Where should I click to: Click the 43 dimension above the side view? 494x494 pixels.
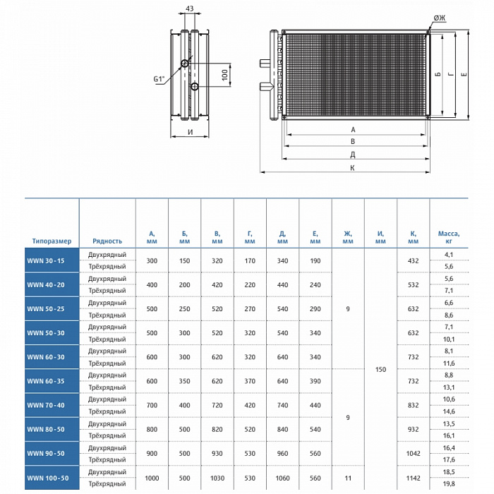[x=188, y=9]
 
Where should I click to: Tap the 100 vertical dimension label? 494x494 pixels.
[x=225, y=75]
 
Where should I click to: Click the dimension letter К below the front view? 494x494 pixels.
[x=351, y=167]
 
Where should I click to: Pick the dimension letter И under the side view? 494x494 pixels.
[x=190, y=133]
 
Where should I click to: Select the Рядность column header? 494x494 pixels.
[x=107, y=241]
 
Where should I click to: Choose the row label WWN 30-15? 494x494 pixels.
[x=46, y=261]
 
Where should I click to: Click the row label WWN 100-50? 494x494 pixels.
[x=47, y=478]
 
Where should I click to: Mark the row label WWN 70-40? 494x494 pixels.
[x=46, y=405]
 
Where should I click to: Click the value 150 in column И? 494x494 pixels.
[x=380, y=369]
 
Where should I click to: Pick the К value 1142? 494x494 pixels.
[x=414, y=478]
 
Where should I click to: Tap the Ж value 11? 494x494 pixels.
[x=348, y=478]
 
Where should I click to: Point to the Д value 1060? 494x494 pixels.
[x=282, y=478]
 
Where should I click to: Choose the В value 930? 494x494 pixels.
[x=217, y=453]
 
